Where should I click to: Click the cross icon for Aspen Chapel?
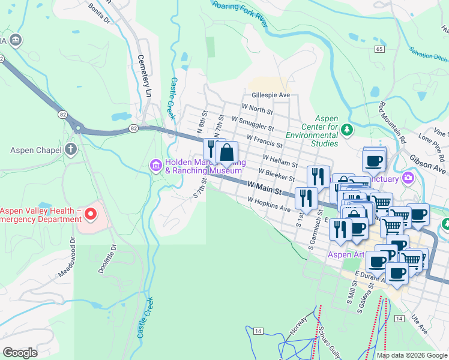click(x=71, y=149)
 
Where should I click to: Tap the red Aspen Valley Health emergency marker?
click(x=90, y=214)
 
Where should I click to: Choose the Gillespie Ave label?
click(x=271, y=95)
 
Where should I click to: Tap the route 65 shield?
click(x=378, y=49)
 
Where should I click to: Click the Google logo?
click(x=20, y=353)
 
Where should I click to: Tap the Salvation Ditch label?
click(x=428, y=56)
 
